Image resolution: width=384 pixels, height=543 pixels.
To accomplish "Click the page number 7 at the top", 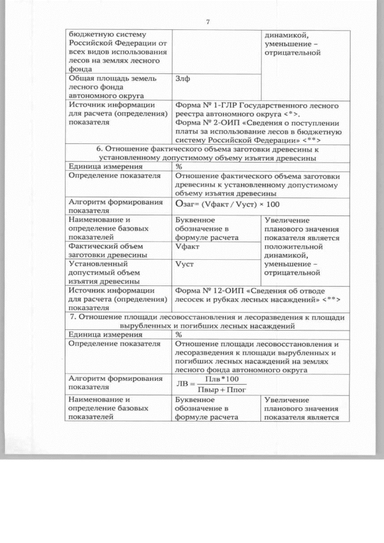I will point(208,23).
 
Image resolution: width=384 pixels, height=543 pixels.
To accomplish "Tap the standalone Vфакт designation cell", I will point(187,247).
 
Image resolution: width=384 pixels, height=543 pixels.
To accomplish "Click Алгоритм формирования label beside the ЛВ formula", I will point(107,383).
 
